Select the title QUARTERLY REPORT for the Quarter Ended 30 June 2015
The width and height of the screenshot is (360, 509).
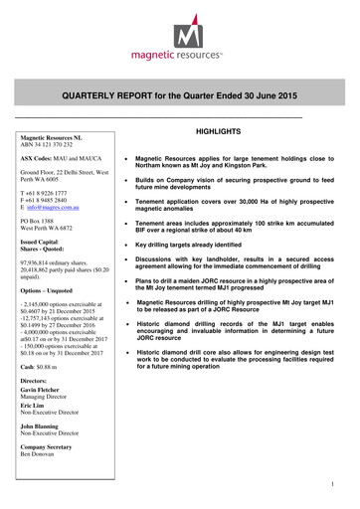(x=180, y=95)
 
